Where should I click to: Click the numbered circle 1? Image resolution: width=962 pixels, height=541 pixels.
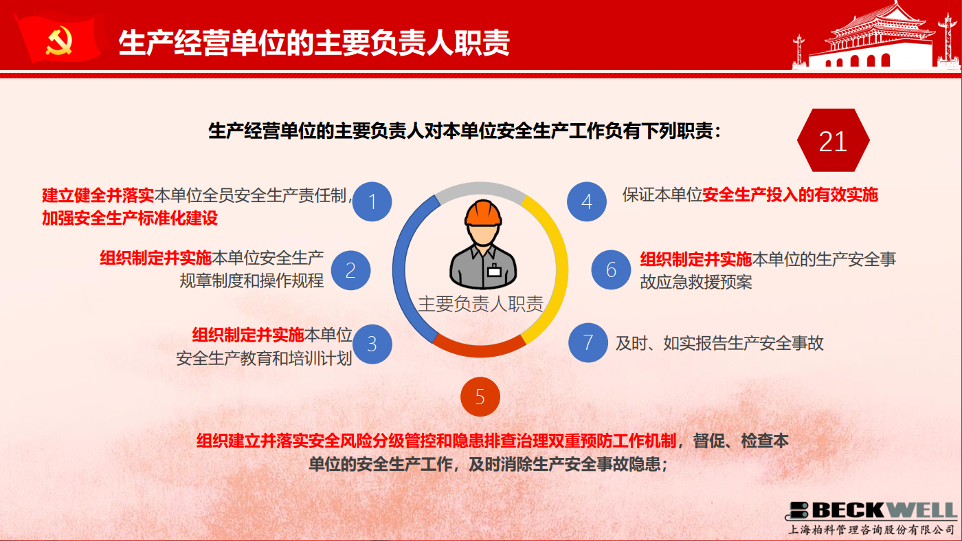(x=372, y=201)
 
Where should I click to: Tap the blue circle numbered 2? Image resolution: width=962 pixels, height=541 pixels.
(x=350, y=270)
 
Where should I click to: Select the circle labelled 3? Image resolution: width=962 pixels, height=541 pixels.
(x=372, y=344)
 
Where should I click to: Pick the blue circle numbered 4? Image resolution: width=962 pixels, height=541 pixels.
(x=587, y=201)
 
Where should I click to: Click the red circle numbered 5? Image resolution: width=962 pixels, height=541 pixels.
(x=480, y=397)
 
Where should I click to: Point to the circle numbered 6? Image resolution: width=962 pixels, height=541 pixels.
(x=611, y=270)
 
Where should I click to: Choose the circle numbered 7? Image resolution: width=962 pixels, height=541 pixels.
(x=588, y=343)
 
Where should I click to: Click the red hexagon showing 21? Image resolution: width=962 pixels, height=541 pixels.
(x=833, y=140)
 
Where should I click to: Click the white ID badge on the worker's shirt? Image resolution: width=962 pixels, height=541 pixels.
(x=494, y=271)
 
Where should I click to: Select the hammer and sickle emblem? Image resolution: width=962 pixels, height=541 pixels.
(x=59, y=41)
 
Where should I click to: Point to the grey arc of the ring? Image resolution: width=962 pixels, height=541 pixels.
(x=480, y=188)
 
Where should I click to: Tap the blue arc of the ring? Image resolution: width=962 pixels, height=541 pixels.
(x=399, y=270)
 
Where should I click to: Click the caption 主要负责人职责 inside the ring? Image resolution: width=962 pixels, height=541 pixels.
(x=480, y=305)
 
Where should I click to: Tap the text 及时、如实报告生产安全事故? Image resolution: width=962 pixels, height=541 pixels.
(x=719, y=343)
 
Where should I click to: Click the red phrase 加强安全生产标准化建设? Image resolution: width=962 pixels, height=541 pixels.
(x=130, y=219)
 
